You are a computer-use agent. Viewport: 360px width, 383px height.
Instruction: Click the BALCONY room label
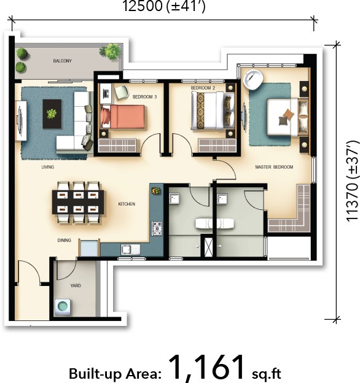(62, 61)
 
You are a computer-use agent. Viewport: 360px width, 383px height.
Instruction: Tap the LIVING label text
(48, 167)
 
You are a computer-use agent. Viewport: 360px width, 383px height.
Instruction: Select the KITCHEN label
(127, 204)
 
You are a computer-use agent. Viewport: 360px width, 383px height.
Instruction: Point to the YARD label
(76, 285)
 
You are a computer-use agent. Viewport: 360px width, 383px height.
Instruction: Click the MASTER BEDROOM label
(274, 167)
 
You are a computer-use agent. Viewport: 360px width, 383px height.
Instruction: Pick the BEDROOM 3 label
(145, 97)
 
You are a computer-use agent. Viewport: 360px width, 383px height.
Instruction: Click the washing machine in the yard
(63, 306)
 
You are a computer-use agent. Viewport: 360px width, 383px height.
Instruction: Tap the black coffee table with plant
(52, 114)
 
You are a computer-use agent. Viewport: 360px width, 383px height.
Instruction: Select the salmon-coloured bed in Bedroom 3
(123, 117)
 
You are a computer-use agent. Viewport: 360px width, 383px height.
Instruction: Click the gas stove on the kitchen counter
(157, 228)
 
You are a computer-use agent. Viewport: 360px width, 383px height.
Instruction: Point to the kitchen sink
(130, 250)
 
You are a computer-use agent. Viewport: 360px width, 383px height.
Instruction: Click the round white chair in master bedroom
(253, 79)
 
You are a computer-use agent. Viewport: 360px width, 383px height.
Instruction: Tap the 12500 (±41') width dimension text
(163, 6)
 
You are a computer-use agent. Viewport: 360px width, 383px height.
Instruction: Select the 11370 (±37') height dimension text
(352, 181)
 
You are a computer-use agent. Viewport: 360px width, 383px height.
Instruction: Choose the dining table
(78, 203)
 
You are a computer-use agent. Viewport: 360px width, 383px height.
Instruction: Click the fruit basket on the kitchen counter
(156, 191)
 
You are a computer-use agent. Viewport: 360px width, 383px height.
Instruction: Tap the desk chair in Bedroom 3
(122, 92)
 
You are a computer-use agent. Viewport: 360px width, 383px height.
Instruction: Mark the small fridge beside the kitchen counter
(89, 248)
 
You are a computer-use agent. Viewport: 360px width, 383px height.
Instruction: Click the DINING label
(65, 241)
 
